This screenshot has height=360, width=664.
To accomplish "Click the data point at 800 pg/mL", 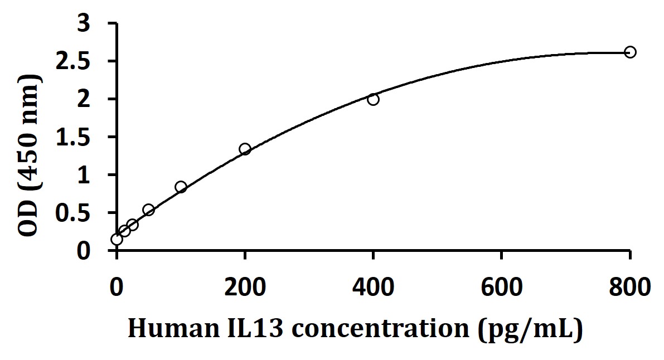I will (x=630, y=52).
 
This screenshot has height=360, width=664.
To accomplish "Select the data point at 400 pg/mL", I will (x=373, y=99).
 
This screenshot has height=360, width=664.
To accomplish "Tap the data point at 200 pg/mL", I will (x=245, y=149).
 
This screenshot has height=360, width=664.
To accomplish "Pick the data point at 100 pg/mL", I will (x=181, y=187).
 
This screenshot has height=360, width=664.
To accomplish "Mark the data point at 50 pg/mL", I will (x=148, y=210).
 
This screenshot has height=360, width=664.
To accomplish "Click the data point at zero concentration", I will (x=117, y=239).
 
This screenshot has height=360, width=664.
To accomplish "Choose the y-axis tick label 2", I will (x=98, y=99).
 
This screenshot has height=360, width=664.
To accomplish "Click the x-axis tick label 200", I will (x=245, y=288).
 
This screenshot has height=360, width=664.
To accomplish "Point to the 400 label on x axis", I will (x=373, y=288).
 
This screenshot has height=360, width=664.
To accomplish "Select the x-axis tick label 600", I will (x=502, y=288).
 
